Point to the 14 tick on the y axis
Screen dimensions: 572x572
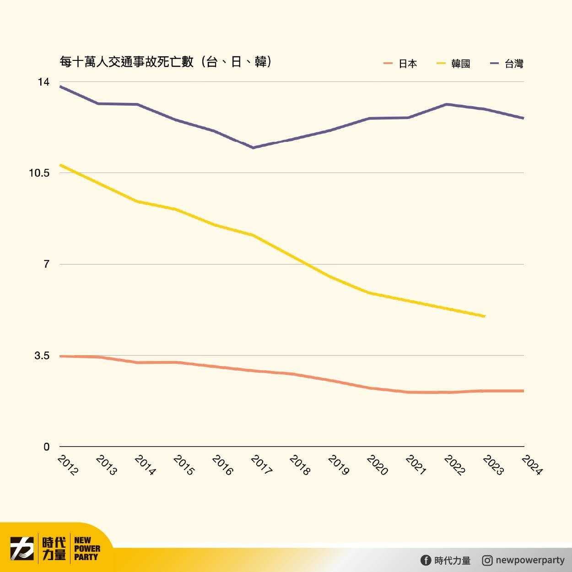tap(43, 82)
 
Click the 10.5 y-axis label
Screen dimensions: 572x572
tap(39, 173)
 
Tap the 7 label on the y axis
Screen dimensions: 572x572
tap(46, 264)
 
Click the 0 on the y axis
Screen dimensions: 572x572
tap(46, 447)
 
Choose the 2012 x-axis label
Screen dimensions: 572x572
tap(68, 465)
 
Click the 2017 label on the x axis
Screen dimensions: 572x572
tap(261, 465)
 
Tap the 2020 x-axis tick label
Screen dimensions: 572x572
tap(377, 465)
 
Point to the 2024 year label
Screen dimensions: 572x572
tap(532, 465)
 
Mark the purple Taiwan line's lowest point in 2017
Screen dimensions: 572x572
tap(253, 148)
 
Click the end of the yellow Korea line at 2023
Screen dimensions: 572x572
tap(485, 316)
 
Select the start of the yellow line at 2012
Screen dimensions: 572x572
tap(60, 165)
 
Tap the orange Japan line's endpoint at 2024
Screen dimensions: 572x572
tap(523, 391)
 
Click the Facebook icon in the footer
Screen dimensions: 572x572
tap(426, 560)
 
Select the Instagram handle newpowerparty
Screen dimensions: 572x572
tap(530, 560)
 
